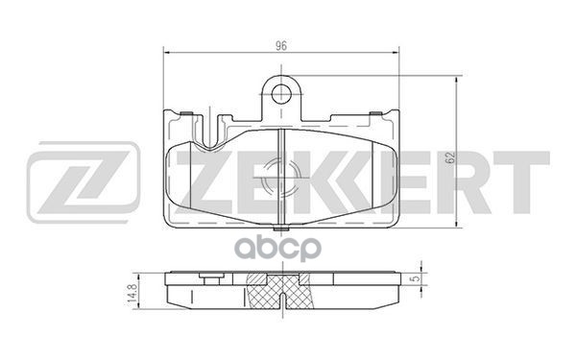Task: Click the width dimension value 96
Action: [282, 43]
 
